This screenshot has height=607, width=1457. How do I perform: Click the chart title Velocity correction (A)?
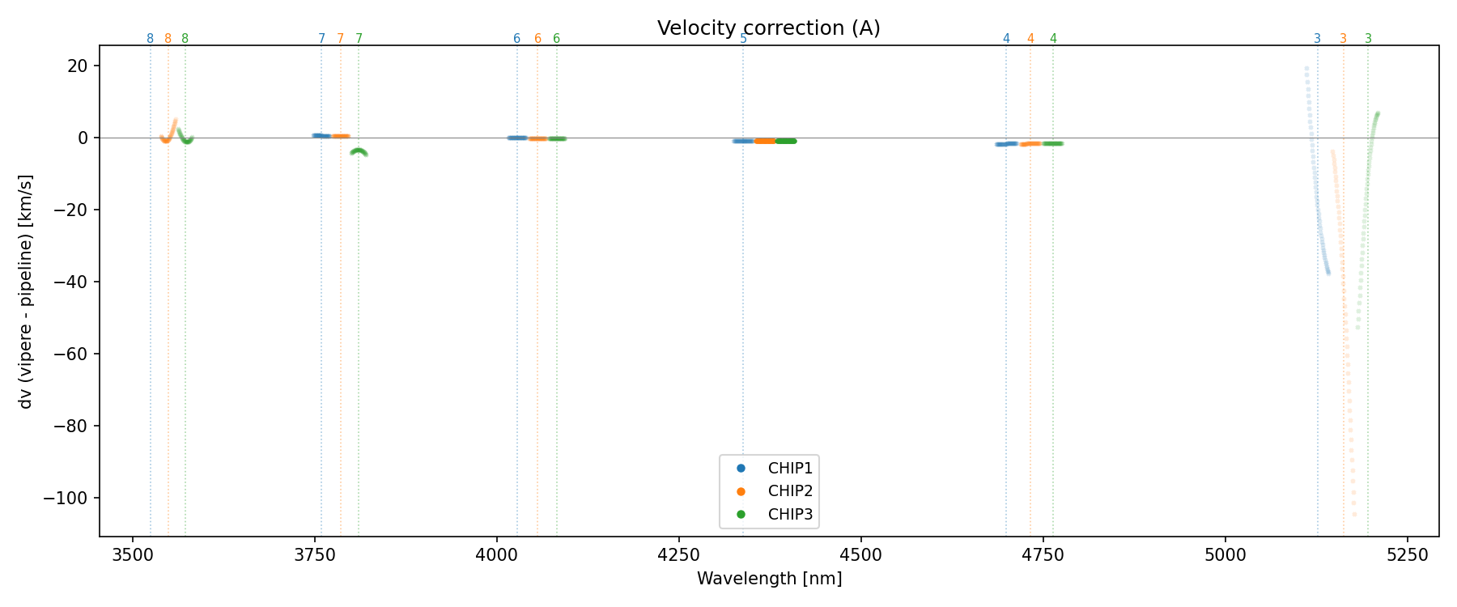[x=768, y=28]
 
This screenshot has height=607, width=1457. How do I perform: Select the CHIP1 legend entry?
[x=790, y=469]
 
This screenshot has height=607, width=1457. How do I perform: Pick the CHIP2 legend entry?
[x=790, y=491]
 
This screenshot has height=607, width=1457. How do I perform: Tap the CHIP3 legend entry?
[x=790, y=514]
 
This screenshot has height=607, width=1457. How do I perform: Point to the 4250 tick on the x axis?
[x=678, y=554]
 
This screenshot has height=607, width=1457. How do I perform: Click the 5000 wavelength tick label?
[x=1225, y=554]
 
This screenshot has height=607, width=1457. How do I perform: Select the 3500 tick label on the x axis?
[x=132, y=554]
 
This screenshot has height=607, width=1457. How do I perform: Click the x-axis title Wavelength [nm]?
[x=769, y=579]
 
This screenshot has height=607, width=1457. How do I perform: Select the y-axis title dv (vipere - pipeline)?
[x=26, y=291]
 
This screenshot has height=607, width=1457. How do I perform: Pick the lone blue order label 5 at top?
[x=743, y=39]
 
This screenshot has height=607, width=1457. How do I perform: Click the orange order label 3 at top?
[x=1343, y=39]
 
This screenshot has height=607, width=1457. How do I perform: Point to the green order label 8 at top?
[x=185, y=39]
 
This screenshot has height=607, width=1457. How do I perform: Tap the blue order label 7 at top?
[x=321, y=39]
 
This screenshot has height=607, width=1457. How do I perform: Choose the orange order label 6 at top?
[x=537, y=39]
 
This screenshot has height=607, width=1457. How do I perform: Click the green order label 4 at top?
[x=1053, y=39]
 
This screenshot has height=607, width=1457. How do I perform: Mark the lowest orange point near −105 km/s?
[x=1354, y=515]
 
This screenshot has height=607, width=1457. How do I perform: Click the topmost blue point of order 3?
[x=1306, y=69]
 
